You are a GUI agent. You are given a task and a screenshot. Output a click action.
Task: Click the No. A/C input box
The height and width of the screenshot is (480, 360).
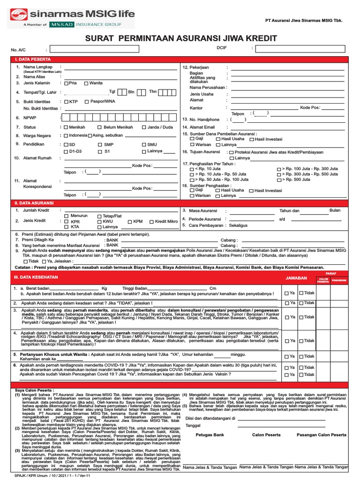[95, 48]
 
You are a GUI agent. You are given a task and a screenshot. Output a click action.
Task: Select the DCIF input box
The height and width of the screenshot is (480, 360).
[300, 48]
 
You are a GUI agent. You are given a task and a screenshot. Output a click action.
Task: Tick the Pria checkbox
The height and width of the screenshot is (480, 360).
[66, 83]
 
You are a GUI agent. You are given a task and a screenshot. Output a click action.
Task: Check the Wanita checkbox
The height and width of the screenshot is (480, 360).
[86, 83]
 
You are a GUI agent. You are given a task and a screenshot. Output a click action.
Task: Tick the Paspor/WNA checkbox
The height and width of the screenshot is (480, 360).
[87, 101]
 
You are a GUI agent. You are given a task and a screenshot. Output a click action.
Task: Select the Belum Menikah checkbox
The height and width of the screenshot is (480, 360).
[100, 127]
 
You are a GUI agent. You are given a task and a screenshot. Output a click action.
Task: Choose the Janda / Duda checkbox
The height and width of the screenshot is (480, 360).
[144, 127]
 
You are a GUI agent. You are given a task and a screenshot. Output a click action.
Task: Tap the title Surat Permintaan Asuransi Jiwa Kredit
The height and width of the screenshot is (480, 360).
[180, 38]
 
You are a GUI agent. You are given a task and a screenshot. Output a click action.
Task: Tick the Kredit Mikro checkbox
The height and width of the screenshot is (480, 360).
[151, 222]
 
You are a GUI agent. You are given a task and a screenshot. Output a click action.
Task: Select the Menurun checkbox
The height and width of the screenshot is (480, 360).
[66, 216]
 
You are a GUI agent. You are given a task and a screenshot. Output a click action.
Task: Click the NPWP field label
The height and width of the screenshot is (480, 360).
[30, 119]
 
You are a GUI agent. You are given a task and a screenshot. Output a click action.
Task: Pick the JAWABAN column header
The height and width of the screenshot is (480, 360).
[296, 278]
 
